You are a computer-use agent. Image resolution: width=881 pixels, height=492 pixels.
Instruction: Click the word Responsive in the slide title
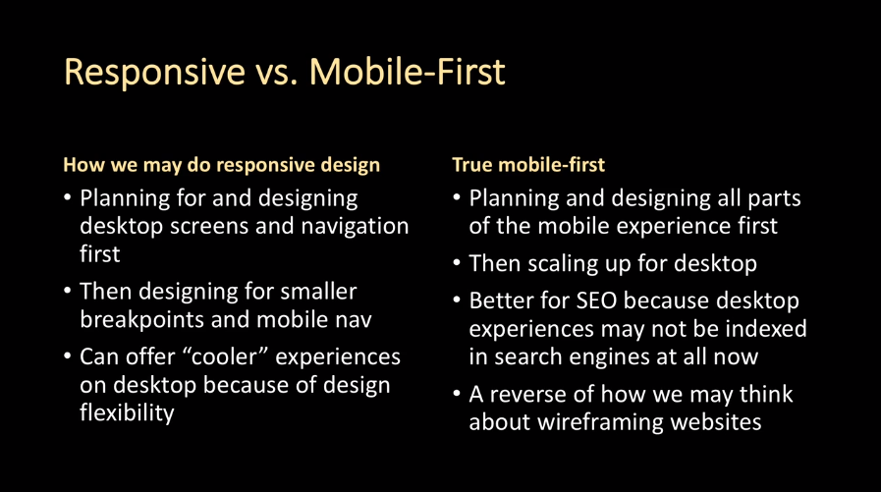tap(154, 72)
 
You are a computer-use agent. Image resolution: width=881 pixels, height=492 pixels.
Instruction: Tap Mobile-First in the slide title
tap(408, 71)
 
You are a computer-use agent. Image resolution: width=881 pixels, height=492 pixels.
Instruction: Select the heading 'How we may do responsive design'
tap(221, 165)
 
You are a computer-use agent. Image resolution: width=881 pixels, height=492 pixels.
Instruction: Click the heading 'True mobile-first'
tap(528, 165)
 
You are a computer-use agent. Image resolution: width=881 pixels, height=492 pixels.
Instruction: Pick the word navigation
tap(355, 226)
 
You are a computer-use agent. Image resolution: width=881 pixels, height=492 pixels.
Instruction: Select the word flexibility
tap(127, 412)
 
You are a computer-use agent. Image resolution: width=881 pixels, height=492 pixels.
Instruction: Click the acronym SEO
tap(596, 301)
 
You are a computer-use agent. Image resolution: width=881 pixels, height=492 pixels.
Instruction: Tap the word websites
tap(716, 422)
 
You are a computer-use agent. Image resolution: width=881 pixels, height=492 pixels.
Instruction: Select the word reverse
tap(527, 395)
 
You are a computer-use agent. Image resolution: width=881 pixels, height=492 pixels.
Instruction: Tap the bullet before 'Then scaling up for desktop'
tap(457, 263)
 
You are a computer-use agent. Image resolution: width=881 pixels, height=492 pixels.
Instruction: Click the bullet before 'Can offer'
tap(68, 356)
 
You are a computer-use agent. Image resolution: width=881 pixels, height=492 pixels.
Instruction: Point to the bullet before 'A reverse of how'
tap(457, 394)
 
